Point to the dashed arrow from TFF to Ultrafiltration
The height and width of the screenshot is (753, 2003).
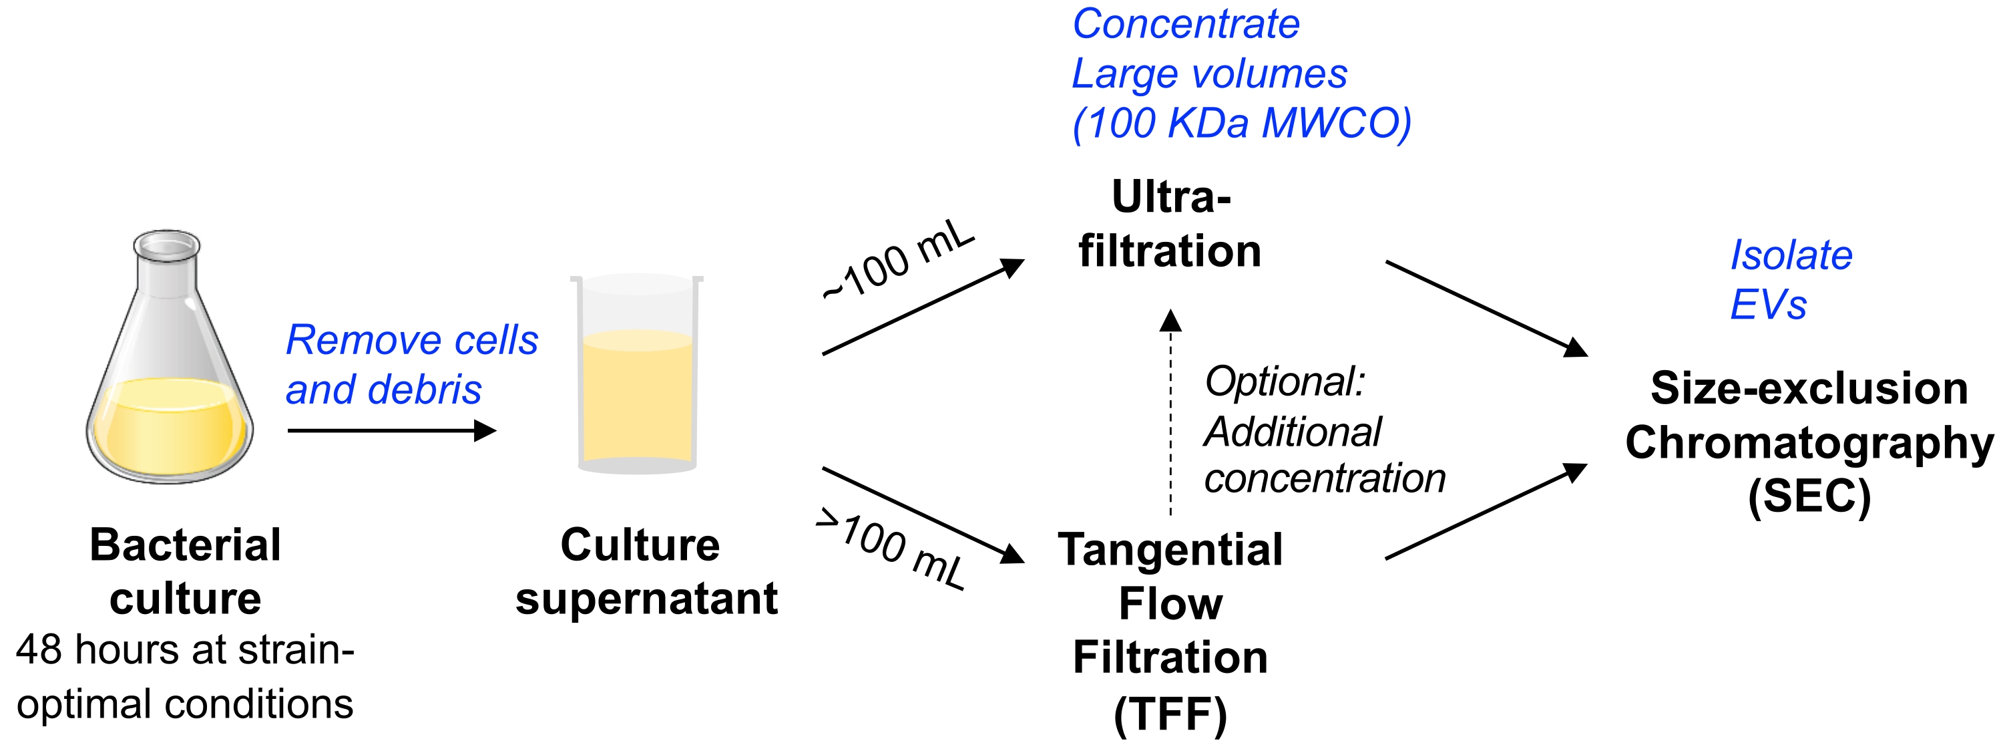click(x=1170, y=412)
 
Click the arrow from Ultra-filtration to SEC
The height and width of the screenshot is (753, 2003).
click(x=1485, y=309)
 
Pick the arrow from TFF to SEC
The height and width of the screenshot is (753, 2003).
click(x=1485, y=511)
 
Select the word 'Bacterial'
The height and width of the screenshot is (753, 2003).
click(x=185, y=545)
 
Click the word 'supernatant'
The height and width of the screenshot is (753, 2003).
click(x=646, y=598)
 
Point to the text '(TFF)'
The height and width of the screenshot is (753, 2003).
click(x=1170, y=714)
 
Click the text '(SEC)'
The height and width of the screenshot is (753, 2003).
click(x=1809, y=496)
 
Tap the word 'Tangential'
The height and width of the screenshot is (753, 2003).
click(x=1170, y=549)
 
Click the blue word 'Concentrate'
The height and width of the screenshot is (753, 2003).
click(x=1186, y=24)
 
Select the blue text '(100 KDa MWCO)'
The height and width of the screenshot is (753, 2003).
click(x=1242, y=123)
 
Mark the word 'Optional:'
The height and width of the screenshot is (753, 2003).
click(x=1285, y=381)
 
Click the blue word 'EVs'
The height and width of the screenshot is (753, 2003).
click(x=1768, y=304)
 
